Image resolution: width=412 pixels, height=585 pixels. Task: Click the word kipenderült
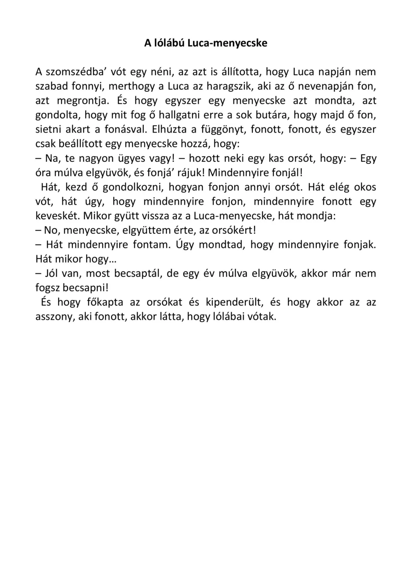231,302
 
